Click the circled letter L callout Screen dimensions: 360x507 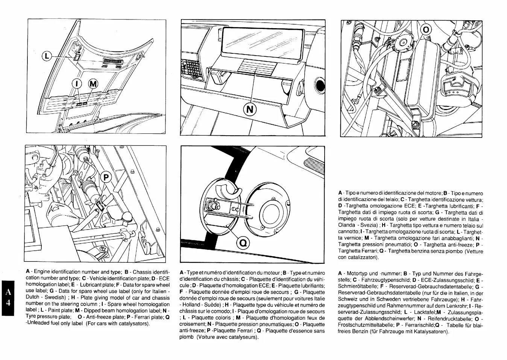(x=46, y=56)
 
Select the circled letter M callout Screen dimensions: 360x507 (x=93, y=84)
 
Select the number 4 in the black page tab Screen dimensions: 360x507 (x=8, y=303)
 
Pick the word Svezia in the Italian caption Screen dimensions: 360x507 (x=363, y=225)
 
